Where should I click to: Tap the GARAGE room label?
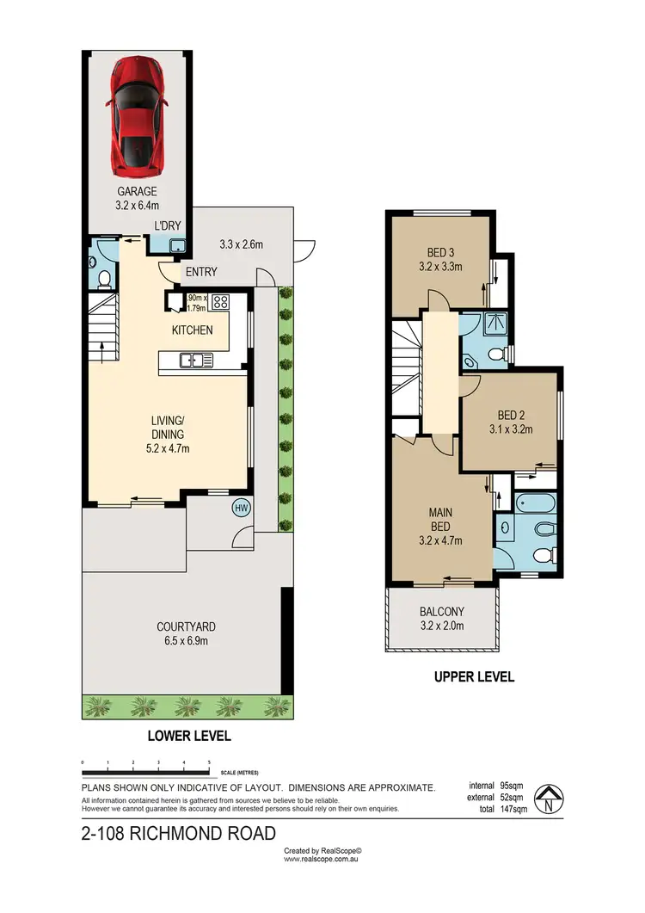[x=138, y=192]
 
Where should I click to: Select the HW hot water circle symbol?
[x=242, y=508]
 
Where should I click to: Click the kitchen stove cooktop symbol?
[x=219, y=302]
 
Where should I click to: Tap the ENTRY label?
[x=200, y=272]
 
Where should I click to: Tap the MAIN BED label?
[x=440, y=513]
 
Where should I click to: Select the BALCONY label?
[x=441, y=612]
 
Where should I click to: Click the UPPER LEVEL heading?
[x=474, y=677]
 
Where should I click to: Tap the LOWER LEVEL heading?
[x=189, y=737]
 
